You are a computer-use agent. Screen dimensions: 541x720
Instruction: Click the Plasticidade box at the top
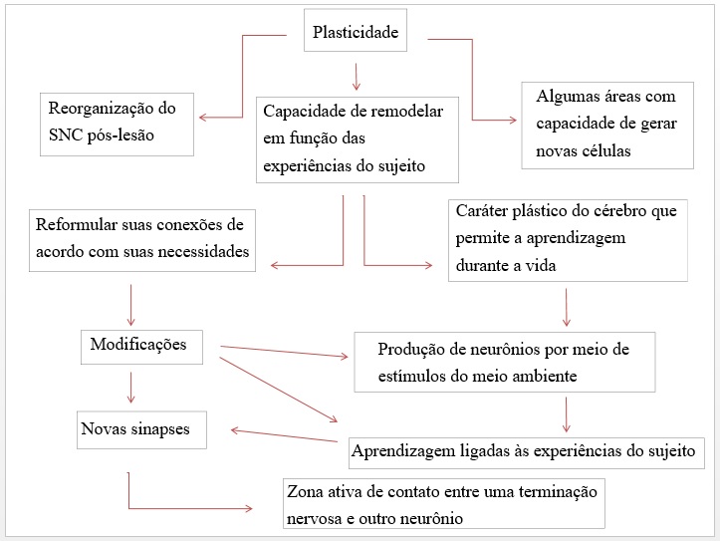point(355,32)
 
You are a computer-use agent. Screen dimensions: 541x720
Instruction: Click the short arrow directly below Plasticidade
point(356,75)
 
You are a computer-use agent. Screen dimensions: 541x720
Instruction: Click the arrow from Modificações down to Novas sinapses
point(129,388)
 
